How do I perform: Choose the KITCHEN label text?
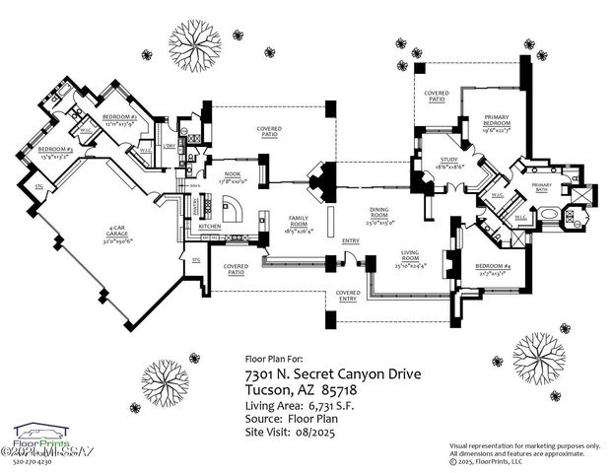coord(211,227)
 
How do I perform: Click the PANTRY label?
coord(194,206)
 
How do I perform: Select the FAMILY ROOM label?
coord(293,220)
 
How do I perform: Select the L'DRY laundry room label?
coord(170,146)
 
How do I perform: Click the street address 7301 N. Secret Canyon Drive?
coord(324,375)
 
